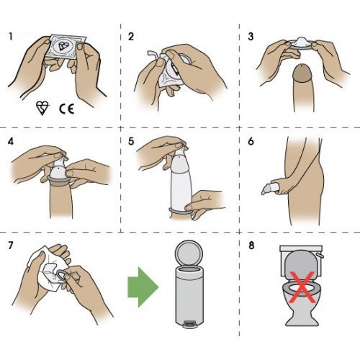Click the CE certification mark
pyautogui.click(x=66, y=107)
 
